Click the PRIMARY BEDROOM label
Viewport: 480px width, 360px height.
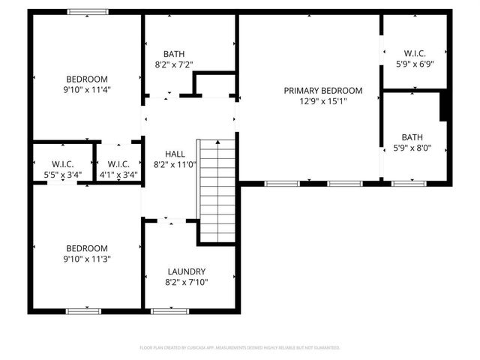[322, 91]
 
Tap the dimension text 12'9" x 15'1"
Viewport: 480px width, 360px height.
[322, 102]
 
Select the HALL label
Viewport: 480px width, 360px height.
[175, 154]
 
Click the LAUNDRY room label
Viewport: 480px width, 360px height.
[187, 271]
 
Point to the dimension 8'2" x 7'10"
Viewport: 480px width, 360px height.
[187, 283]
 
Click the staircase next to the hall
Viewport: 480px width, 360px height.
[217, 191]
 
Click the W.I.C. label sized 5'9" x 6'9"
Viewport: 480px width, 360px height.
[415, 53]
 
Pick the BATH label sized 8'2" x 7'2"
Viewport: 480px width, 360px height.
[174, 54]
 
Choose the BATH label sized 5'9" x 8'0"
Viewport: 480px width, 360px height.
[412, 137]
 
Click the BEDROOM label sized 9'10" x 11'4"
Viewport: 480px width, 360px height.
[87, 79]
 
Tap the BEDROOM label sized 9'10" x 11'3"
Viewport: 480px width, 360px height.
[87, 248]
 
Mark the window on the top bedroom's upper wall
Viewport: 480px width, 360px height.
[88, 12]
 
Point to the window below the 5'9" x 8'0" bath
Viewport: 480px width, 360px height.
[409, 183]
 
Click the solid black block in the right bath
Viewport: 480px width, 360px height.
[444, 105]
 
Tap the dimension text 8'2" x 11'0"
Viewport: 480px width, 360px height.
[175, 164]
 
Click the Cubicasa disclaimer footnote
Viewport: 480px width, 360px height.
[240, 347]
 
